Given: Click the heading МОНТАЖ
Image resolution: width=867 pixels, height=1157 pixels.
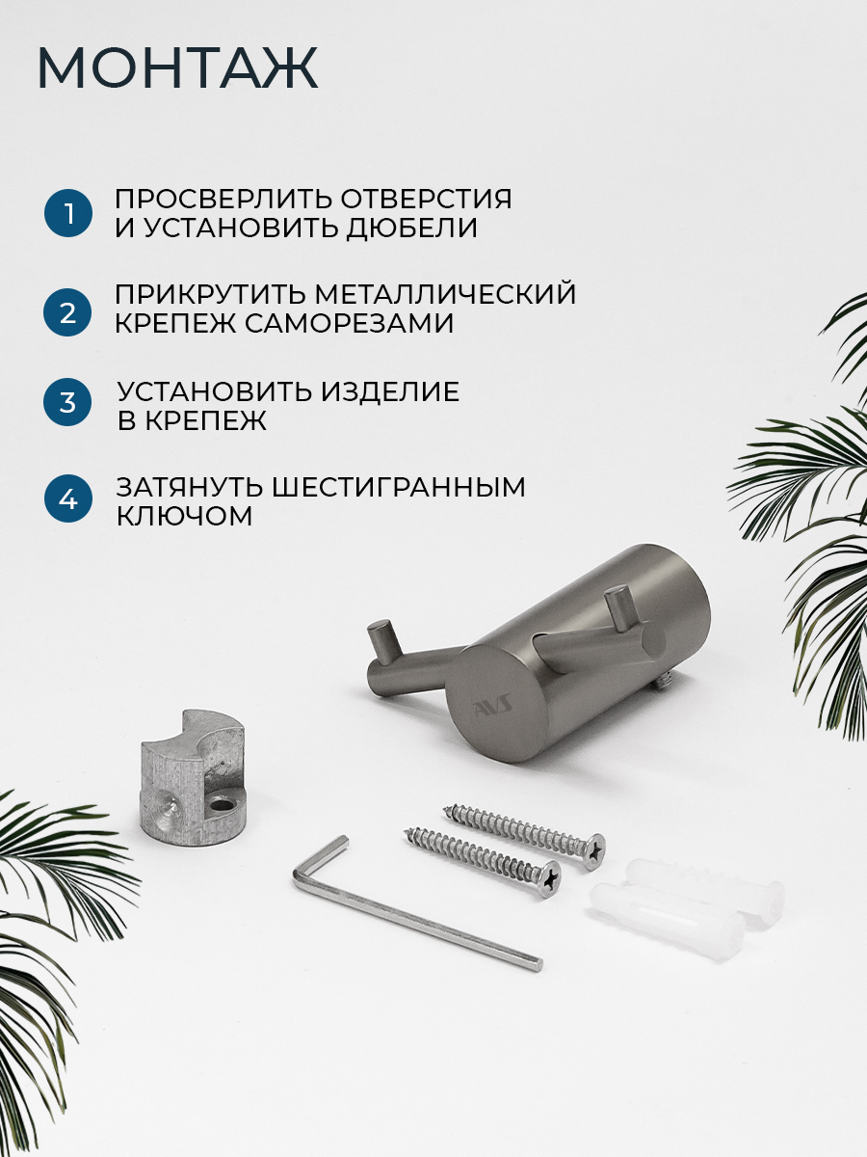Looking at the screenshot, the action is [x=177, y=68].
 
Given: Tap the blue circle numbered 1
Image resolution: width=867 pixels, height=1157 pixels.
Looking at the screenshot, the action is [x=68, y=213].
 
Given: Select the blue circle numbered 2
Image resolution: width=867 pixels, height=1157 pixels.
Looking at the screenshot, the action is [x=67, y=312].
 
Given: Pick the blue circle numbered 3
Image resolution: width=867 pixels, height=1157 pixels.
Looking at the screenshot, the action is [x=67, y=402].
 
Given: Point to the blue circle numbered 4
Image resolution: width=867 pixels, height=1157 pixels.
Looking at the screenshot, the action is [x=67, y=498].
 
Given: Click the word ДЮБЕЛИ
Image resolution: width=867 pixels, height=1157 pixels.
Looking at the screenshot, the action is [x=412, y=229].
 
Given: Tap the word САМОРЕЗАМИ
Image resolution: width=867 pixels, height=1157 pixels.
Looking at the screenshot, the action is [x=350, y=323].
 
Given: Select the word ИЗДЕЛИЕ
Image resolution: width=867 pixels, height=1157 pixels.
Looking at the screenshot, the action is [x=390, y=391].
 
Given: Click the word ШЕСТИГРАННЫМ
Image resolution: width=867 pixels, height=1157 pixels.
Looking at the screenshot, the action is [x=399, y=487].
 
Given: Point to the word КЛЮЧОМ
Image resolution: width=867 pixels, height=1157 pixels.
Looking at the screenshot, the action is [x=184, y=516].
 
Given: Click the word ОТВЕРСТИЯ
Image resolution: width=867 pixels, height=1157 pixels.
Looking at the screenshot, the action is [x=426, y=200].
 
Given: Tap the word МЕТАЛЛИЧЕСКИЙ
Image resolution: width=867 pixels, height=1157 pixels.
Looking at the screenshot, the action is [x=445, y=294].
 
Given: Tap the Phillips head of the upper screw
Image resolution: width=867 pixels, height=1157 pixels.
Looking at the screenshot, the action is [x=592, y=849].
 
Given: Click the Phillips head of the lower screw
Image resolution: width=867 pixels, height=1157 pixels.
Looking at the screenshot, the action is [x=548, y=878].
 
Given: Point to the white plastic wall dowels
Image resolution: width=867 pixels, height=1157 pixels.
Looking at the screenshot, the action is [x=686, y=901].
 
